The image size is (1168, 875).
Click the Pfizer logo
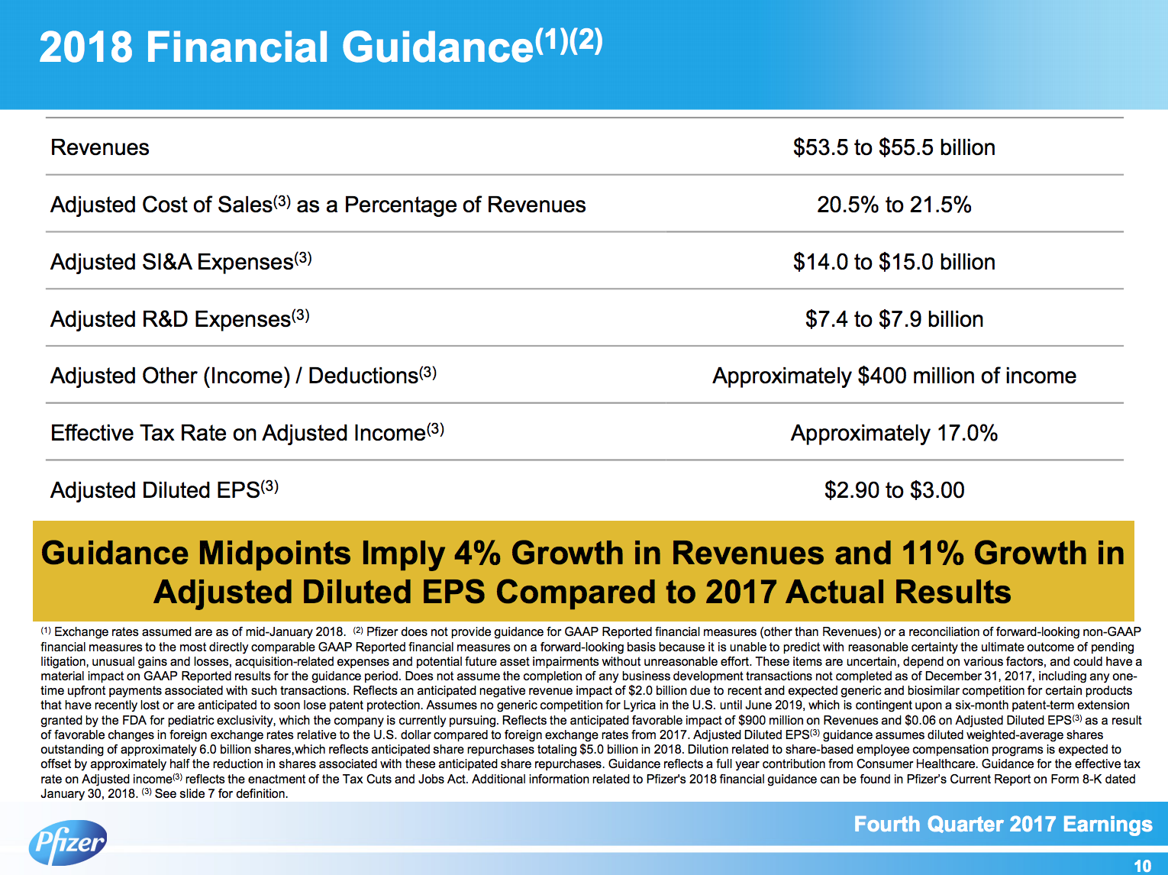pos(68,842)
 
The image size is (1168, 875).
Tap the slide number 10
pos(1142,866)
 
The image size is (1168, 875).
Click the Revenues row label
pos(100,147)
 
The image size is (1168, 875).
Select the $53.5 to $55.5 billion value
pos(894,147)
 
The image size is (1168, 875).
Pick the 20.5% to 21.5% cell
pos(894,205)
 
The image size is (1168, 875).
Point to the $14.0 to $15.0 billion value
pos(894,262)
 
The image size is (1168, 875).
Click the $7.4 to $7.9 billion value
pos(894,319)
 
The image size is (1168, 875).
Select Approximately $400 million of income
pos(894,376)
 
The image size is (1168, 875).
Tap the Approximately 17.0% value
pos(894,433)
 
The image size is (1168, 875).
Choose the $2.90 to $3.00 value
pos(894,490)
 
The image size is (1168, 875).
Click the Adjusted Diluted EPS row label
pos(155,490)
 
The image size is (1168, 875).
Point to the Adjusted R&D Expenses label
pos(171,319)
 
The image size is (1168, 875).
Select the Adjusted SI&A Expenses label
pos(172,262)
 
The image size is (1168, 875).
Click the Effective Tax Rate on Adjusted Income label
pos(238,433)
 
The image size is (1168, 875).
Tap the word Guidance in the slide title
pos(437,47)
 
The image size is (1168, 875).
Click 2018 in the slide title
pos(86,47)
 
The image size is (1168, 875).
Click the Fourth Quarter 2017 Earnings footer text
pos(1002,825)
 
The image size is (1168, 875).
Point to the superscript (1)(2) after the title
pos(569,39)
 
